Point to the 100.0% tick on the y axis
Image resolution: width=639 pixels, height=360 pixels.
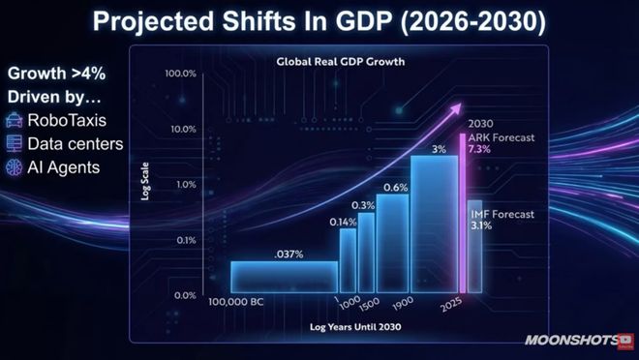[181, 74]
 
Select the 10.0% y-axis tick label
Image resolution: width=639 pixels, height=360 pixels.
[183, 129]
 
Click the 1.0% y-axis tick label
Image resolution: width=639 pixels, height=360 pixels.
[185, 184]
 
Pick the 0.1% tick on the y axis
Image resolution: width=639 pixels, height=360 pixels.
[185, 240]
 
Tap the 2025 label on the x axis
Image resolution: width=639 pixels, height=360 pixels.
[447, 303]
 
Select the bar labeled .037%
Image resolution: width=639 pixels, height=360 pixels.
[284, 276]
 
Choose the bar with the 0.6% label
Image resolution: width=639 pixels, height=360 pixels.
[392, 242]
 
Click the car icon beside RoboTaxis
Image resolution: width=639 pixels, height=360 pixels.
[15, 122]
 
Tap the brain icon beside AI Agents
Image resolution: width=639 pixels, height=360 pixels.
[15, 166]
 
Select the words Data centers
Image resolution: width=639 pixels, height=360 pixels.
[76, 144]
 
